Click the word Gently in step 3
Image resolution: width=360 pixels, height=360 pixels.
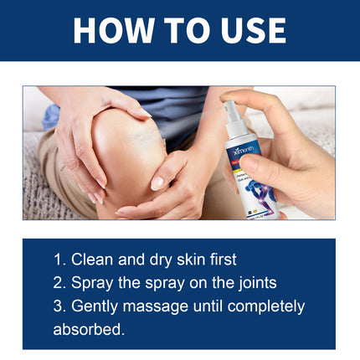coord(97,306)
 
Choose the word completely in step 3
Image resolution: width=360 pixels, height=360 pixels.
coord(266,307)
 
